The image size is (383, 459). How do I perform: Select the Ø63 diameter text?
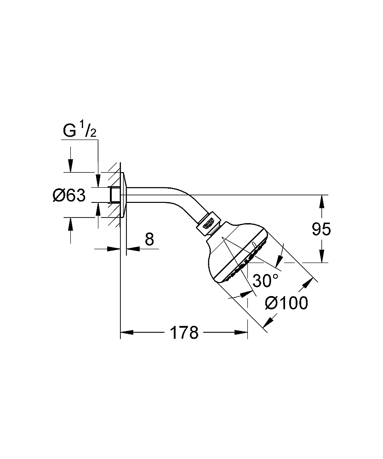(69, 196)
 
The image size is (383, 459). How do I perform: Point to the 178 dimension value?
(184, 332)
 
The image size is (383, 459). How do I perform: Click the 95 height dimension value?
(321, 229)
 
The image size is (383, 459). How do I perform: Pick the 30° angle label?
(266, 280)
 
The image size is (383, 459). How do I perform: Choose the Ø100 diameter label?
(287, 303)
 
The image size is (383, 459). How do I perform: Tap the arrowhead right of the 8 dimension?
(131, 249)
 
